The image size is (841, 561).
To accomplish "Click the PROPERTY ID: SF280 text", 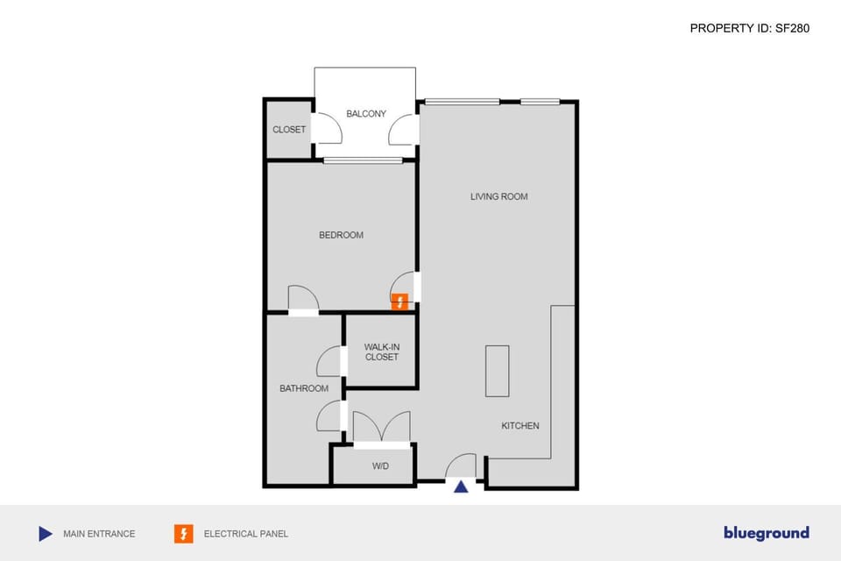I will coord(749,28).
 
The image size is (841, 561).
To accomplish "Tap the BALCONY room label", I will coord(366,114).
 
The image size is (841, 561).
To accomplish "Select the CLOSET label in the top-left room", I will coord(289,130).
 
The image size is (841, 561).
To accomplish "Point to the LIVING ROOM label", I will coord(499,196).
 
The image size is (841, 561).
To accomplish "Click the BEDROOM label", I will coord(341,235).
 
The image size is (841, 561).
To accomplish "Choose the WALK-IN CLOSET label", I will coord(381,352).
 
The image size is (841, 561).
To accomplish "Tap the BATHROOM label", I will coord(304,388).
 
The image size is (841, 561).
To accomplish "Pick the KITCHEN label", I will coord(520,426).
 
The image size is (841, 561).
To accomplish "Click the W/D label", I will coord(380,466).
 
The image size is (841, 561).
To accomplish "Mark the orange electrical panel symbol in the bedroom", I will coord(400,302).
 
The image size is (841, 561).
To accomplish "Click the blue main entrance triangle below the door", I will coord(461,486).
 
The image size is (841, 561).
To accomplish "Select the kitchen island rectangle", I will coord(497,371).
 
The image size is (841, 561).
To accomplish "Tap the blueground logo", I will coord(766,533).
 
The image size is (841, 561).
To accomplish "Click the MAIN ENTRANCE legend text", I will coord(99,534).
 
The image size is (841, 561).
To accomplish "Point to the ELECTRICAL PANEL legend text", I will coord(246,534).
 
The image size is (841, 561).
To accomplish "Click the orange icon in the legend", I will coord(184,533).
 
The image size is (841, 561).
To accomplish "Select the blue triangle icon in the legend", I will coord(46,533).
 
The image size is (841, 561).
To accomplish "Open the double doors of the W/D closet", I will coord(381,428).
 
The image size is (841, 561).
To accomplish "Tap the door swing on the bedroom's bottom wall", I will coord(303,298).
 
